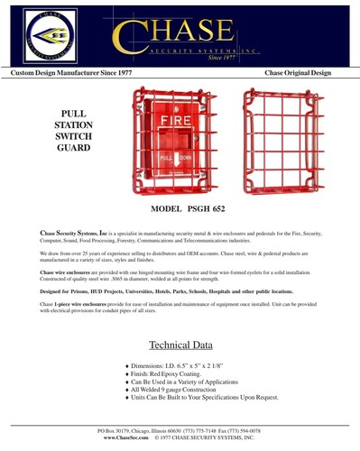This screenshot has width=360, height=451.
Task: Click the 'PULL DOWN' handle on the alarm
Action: click(x=176, y=158)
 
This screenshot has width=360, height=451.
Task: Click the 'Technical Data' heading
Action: click(x=180, y=345)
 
